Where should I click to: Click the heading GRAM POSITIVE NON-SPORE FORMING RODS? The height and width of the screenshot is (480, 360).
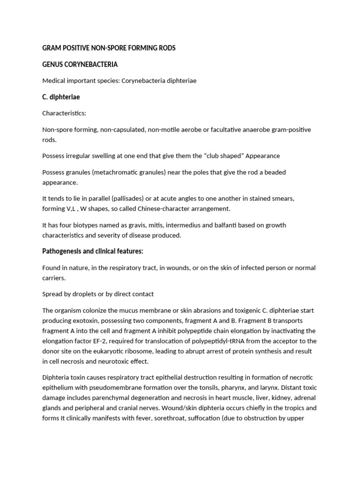[x=109, y=48]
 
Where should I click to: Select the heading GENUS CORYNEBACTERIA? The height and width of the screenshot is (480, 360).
[x=80, y=64]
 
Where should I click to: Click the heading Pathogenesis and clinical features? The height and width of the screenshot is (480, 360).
[x=92, y=252]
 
